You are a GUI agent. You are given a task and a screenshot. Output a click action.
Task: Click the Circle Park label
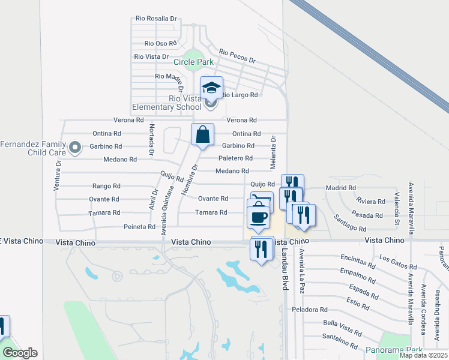(193, 62)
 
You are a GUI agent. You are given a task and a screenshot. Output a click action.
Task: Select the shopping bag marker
(203, 134)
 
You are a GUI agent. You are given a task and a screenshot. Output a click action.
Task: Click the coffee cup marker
(258, 217)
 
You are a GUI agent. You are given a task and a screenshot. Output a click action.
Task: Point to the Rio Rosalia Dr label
(156, 19)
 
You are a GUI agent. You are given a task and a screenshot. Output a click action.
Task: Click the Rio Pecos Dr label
(237, 56)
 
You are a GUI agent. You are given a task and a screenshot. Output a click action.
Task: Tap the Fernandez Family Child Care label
(32, 148)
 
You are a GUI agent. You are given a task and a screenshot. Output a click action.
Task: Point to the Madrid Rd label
(336, 188)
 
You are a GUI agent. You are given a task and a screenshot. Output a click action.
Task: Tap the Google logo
(20, 353)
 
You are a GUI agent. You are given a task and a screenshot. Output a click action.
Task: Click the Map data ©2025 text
(423, 355)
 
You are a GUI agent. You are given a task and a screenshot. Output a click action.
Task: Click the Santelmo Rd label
(340, 343)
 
